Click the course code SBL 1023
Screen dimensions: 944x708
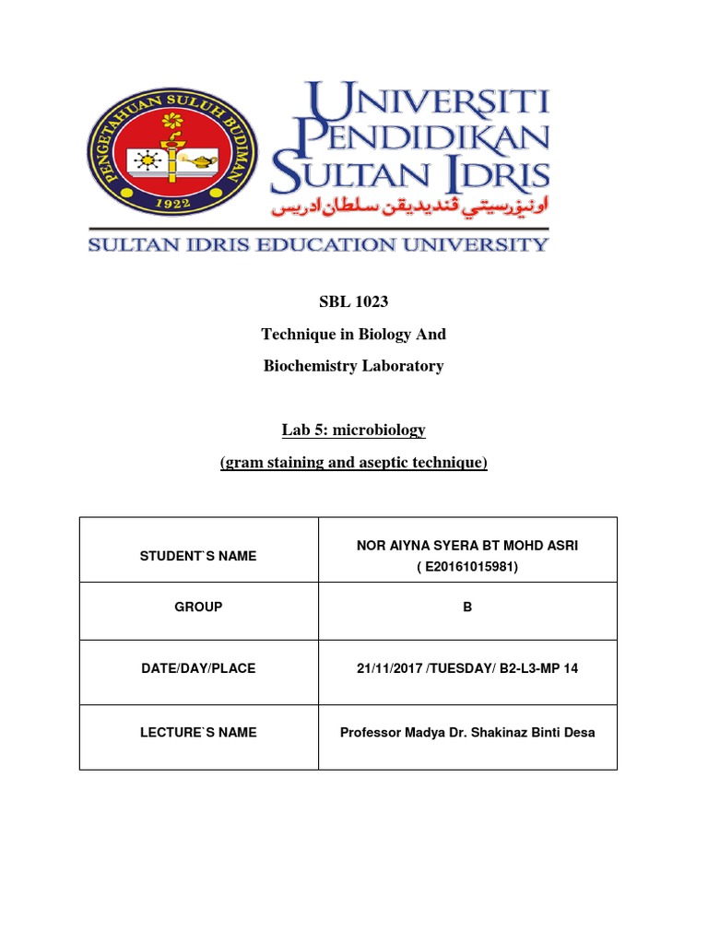[x=353, y=302]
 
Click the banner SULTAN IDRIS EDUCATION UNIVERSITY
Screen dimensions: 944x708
[x=318, y=244]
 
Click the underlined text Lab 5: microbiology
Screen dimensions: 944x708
[x=353, y=431]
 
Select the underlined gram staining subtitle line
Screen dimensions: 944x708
[x=353, y=462]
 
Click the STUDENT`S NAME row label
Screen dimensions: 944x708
[x=198, y=556]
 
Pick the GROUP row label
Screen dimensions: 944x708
[x=198, y=608]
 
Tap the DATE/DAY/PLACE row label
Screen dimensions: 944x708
[x=198, y=668]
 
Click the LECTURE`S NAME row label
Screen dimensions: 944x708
[x=198, y=733]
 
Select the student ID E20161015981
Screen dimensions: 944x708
[x=467, y=566]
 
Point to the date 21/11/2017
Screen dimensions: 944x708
[x=388, y=668]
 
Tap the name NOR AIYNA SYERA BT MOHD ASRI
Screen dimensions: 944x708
[x=467, y=546]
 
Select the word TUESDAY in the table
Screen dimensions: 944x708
[x=456, y=668]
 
